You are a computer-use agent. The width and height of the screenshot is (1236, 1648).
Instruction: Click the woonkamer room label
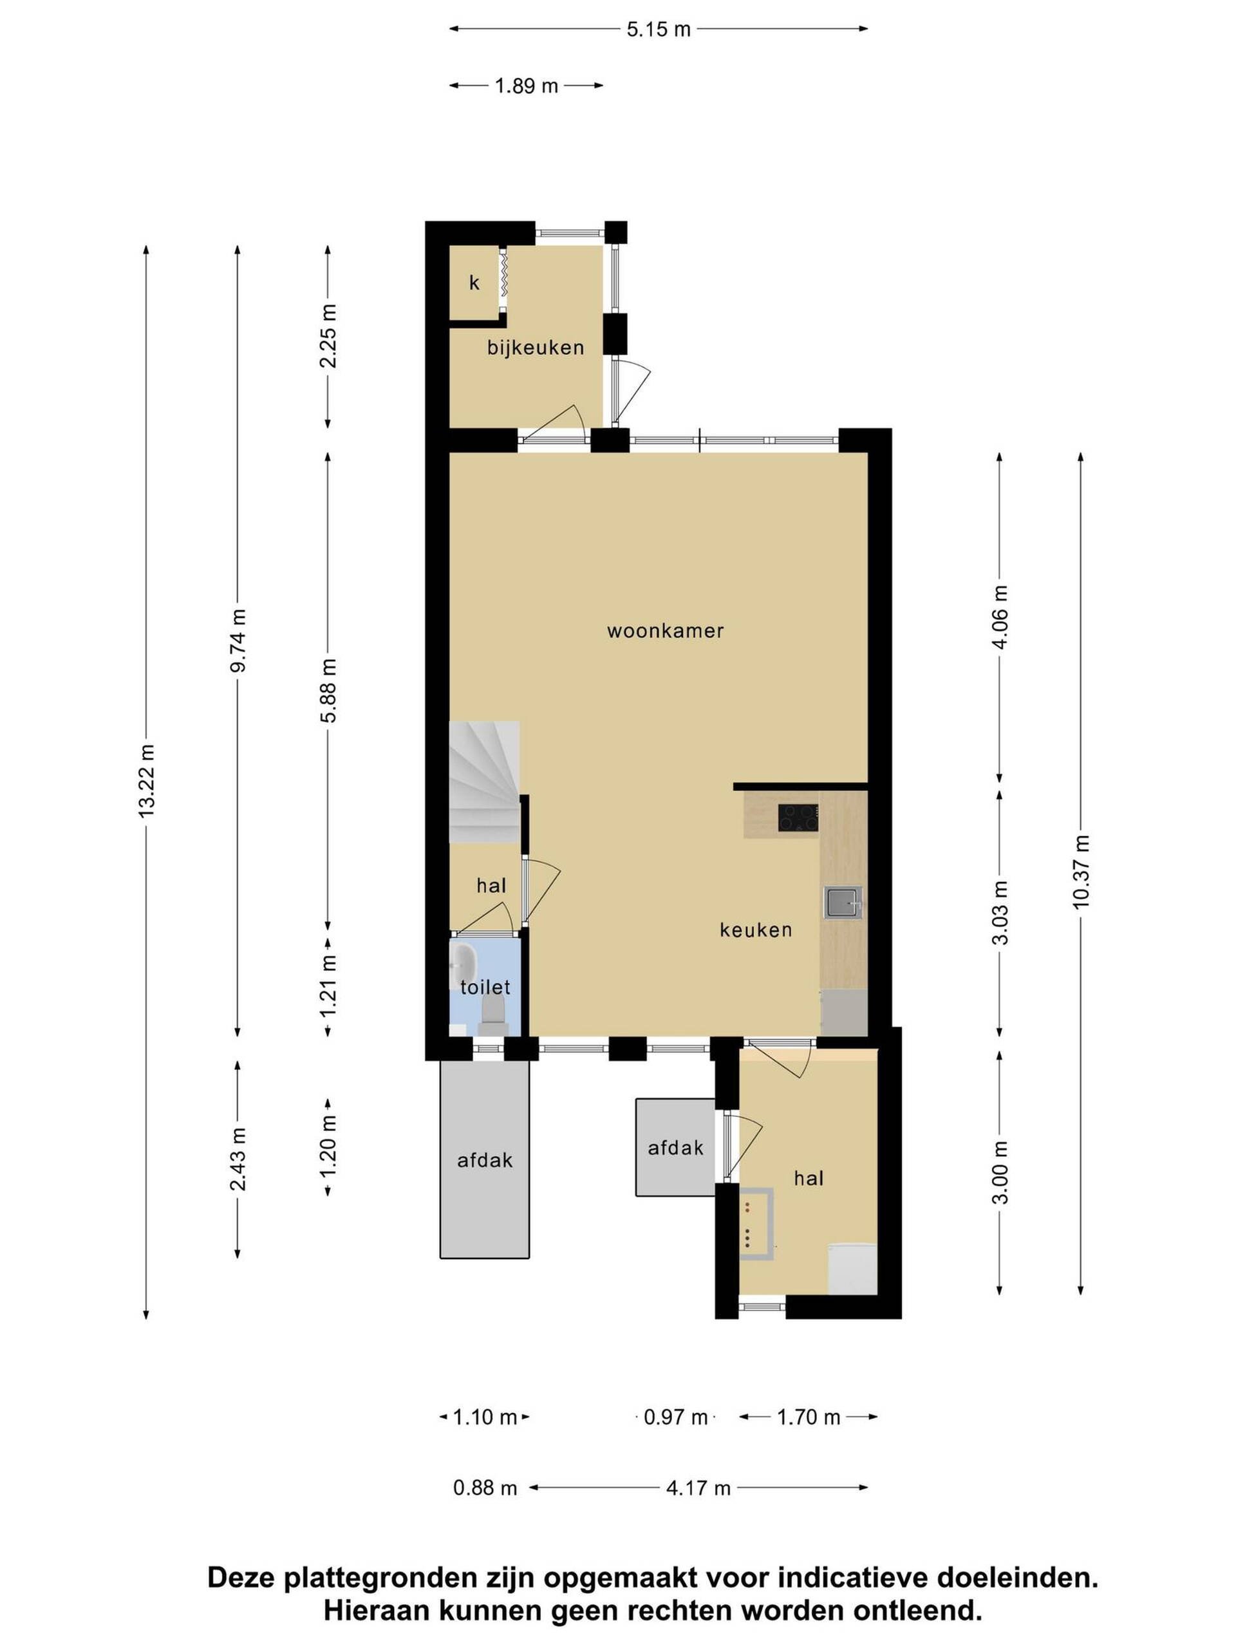pyautogui.click(x=665, y=631)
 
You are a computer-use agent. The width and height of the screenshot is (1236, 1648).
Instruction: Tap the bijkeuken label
pyautogui.click(x=536, y=347)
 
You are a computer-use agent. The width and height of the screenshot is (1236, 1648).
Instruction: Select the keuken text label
pyautogui.click(x=756, y=930)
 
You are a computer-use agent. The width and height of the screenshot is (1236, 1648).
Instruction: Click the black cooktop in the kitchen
pyautogui.click(x=798, y=818)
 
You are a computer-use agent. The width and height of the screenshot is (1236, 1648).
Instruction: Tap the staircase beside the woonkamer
pyautogui.click(x=484, y=782)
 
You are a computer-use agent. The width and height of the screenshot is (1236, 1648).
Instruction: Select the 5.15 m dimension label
pyautogui.click(x=659, y=30)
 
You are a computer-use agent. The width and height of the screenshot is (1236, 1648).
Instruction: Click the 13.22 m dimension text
pyautogui.click(x=146, y=781)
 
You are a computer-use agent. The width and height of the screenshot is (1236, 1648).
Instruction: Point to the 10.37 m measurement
pyautogui.click(x=1081, y=872)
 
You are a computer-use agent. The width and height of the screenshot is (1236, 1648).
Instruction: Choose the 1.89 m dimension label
pyautogui.click(x=527, y=86)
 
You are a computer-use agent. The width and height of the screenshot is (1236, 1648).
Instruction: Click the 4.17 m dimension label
pyautogui.click(x=698, y=1488)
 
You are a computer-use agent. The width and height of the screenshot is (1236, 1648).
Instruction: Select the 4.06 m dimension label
pyautogui.click(x=1000, y=617)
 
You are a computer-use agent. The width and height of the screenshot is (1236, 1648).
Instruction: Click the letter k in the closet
pyautogui.click(x=474, y=283)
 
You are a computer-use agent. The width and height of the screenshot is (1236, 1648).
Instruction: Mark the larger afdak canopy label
pyautogui.click(x=485, y=1160)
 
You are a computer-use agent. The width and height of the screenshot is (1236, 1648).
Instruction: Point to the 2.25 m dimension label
pyautogui.click(x=328, y=335)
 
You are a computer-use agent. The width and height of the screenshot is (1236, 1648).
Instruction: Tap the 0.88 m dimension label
pyautogui.click(x=485, y=1488)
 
